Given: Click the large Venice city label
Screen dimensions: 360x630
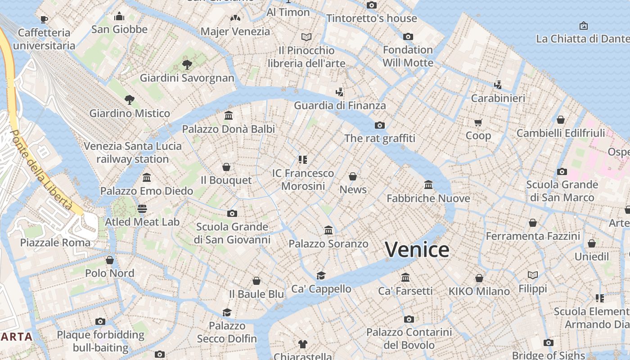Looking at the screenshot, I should coord(417,249).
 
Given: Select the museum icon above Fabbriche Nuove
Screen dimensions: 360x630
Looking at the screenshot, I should coord(428,184).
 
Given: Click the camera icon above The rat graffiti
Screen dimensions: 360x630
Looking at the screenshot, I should coord(380,125).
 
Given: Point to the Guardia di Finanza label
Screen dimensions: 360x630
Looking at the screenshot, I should coord(340,105).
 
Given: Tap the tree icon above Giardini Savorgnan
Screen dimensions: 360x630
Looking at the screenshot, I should coord(187,65).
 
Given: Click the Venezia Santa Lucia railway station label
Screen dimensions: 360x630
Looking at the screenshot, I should coord(133,153).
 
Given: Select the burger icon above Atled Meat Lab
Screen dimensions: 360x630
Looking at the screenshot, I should coord(142,208).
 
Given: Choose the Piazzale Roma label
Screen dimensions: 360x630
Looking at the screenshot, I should coord(55,243).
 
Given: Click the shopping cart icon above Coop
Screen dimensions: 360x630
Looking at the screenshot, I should coord(478,122).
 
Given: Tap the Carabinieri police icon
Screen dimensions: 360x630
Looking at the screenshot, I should coord(498,85).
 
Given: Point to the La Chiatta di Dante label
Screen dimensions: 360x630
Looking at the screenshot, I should coord(583,39).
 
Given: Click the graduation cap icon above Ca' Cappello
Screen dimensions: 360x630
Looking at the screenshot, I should coord(321,275).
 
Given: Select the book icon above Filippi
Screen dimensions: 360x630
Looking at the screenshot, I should coord(533,275).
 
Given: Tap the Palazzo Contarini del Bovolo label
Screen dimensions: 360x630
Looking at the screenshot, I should coord(409,338).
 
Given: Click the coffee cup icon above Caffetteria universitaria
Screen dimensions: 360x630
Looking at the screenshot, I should coord(44,19).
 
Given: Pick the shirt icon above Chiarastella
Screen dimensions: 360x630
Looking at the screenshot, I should coord(303,344).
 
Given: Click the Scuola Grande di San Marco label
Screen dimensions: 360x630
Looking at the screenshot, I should coord(562,191).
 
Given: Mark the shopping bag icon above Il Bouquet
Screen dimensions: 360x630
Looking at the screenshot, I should coord(226,167).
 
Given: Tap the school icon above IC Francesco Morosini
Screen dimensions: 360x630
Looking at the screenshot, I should coord(303,159).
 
